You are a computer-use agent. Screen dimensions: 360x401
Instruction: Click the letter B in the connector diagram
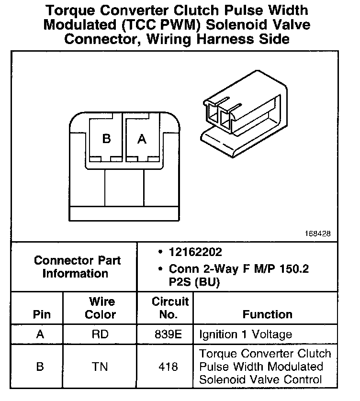pyautogui.click(x=106, y=139)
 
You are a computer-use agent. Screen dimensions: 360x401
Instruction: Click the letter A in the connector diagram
pyautogui.click(x=142, y=139)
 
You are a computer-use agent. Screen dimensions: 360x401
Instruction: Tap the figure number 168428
pyautogui.click(x=317, y=234)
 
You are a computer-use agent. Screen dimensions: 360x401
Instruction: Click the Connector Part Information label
pyautogui.click(x=77, y=267)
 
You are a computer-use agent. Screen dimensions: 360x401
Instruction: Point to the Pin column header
pyautogui.click(x=41, y=314)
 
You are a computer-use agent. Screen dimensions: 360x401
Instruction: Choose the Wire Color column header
pyautogui.click(x=101, y=308)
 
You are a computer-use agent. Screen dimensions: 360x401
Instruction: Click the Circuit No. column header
pyautogui.click(x=170, y=308)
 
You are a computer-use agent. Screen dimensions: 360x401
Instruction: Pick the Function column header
pyautogui.click(x=267, y=314)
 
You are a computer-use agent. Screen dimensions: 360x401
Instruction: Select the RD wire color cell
pyautogui.click(x=101, y=334)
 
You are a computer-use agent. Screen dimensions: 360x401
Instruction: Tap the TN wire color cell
pyautogui.click(x=101, y=367)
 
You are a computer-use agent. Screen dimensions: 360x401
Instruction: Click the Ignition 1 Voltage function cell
pyautogui.click(x=246, y=334)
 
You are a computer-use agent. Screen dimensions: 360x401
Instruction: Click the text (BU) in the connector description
pyautogui.click(x=206, y=283)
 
